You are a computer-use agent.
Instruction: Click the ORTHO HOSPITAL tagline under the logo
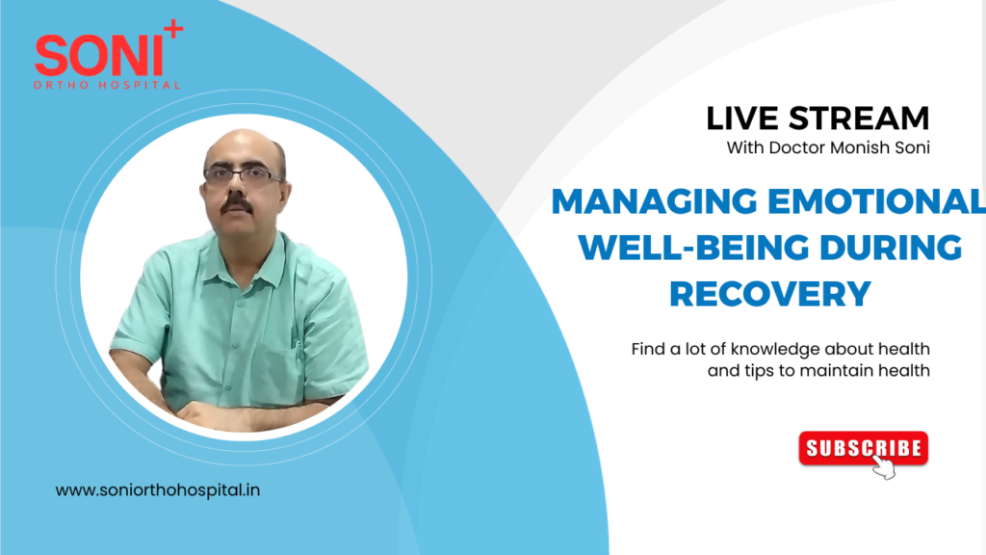107,85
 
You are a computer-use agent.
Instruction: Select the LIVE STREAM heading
817,119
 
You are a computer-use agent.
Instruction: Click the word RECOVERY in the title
769,292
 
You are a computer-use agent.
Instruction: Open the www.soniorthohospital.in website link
158,490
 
